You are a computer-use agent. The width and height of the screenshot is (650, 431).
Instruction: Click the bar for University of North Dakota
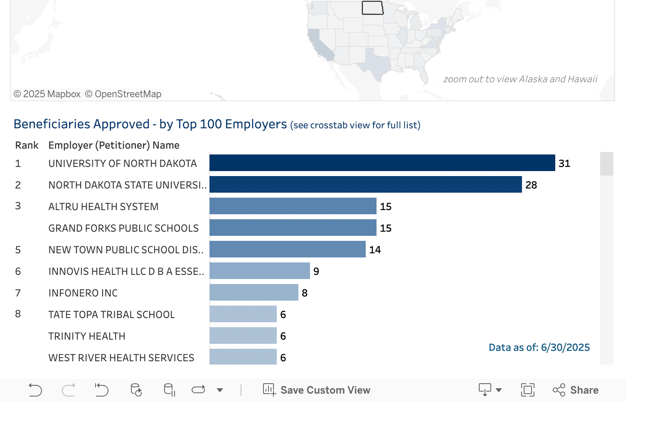(382, 163)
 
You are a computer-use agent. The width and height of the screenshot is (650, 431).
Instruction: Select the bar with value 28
(365, 184)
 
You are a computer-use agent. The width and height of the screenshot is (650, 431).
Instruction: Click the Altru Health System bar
(293, 206)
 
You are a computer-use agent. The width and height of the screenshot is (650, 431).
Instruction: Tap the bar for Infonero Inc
(254, 292)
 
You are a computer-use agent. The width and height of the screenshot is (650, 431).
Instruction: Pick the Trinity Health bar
(243, 335)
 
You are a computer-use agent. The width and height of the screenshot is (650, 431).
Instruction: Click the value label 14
(375, 250)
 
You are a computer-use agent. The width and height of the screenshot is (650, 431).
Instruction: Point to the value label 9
(316, 271)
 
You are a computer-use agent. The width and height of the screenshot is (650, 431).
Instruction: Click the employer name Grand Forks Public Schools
(123, 228)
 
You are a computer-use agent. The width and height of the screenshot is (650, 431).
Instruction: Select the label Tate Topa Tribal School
(111, 314)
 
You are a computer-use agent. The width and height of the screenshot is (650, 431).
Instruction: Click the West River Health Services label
(121, 358)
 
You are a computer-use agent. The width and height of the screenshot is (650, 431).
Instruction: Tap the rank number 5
(18, 250)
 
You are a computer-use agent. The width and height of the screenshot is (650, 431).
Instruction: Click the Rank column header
(27, 145)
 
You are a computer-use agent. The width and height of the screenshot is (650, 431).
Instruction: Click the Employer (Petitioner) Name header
(114, 145)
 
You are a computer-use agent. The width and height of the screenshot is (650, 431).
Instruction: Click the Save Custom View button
(317, 390)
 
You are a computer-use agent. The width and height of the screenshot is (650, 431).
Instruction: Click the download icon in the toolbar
(485, 390)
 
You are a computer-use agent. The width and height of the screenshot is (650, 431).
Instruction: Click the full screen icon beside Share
(527, 390)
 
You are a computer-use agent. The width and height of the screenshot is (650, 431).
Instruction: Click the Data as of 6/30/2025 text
(539, 347)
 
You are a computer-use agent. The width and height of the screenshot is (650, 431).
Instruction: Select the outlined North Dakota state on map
(372, 7)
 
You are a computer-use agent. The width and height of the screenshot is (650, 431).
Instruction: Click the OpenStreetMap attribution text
(123, 94)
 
